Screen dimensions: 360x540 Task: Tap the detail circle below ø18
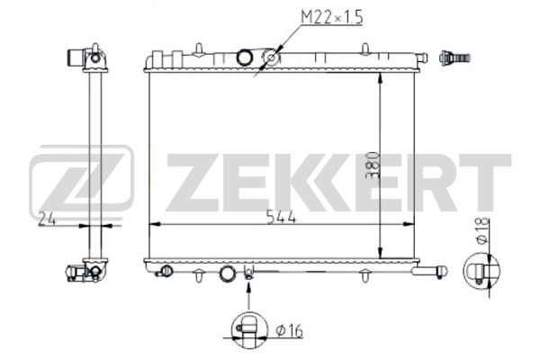(482, 271)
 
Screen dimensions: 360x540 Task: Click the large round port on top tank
(246, 58)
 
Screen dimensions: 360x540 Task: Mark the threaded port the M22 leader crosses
(269, 60)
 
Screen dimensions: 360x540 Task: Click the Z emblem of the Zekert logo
(82, 185)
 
